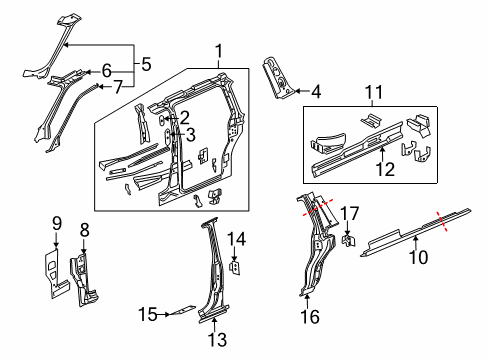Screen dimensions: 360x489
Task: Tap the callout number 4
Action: tap(316, 93)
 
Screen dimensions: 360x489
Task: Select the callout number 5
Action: tap(146, 65)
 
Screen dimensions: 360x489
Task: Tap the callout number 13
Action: tap(217, 339)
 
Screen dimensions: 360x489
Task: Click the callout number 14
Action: tap(238, 237)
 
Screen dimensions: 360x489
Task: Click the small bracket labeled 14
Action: tap(235, 265)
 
